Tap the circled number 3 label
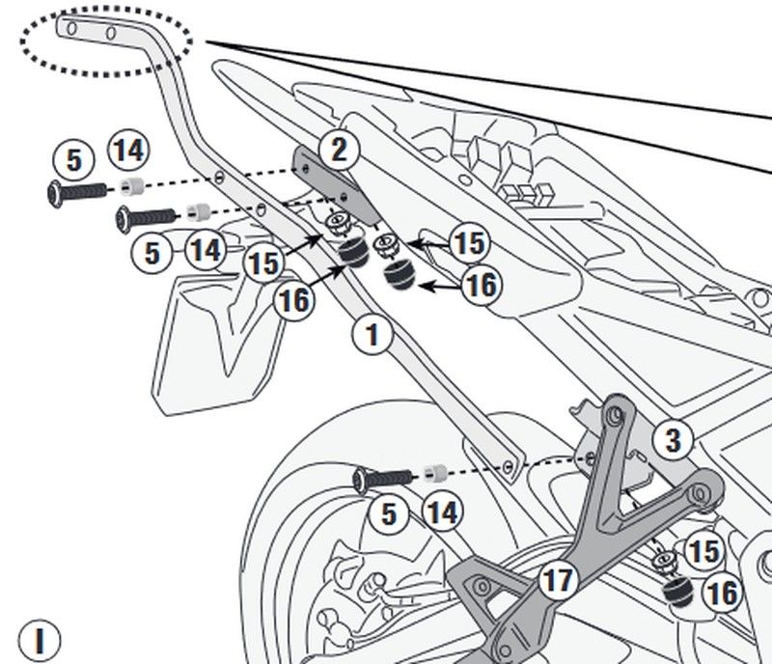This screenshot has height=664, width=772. click(673, 441)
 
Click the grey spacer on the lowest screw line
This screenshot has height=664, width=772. click(433, 473)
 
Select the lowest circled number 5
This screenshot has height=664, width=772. click(389, 513)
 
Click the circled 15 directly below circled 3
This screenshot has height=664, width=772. click(703, 551)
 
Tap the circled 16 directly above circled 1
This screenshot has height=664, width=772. click(294, 300)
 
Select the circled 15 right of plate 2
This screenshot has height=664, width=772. click(469, 244)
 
